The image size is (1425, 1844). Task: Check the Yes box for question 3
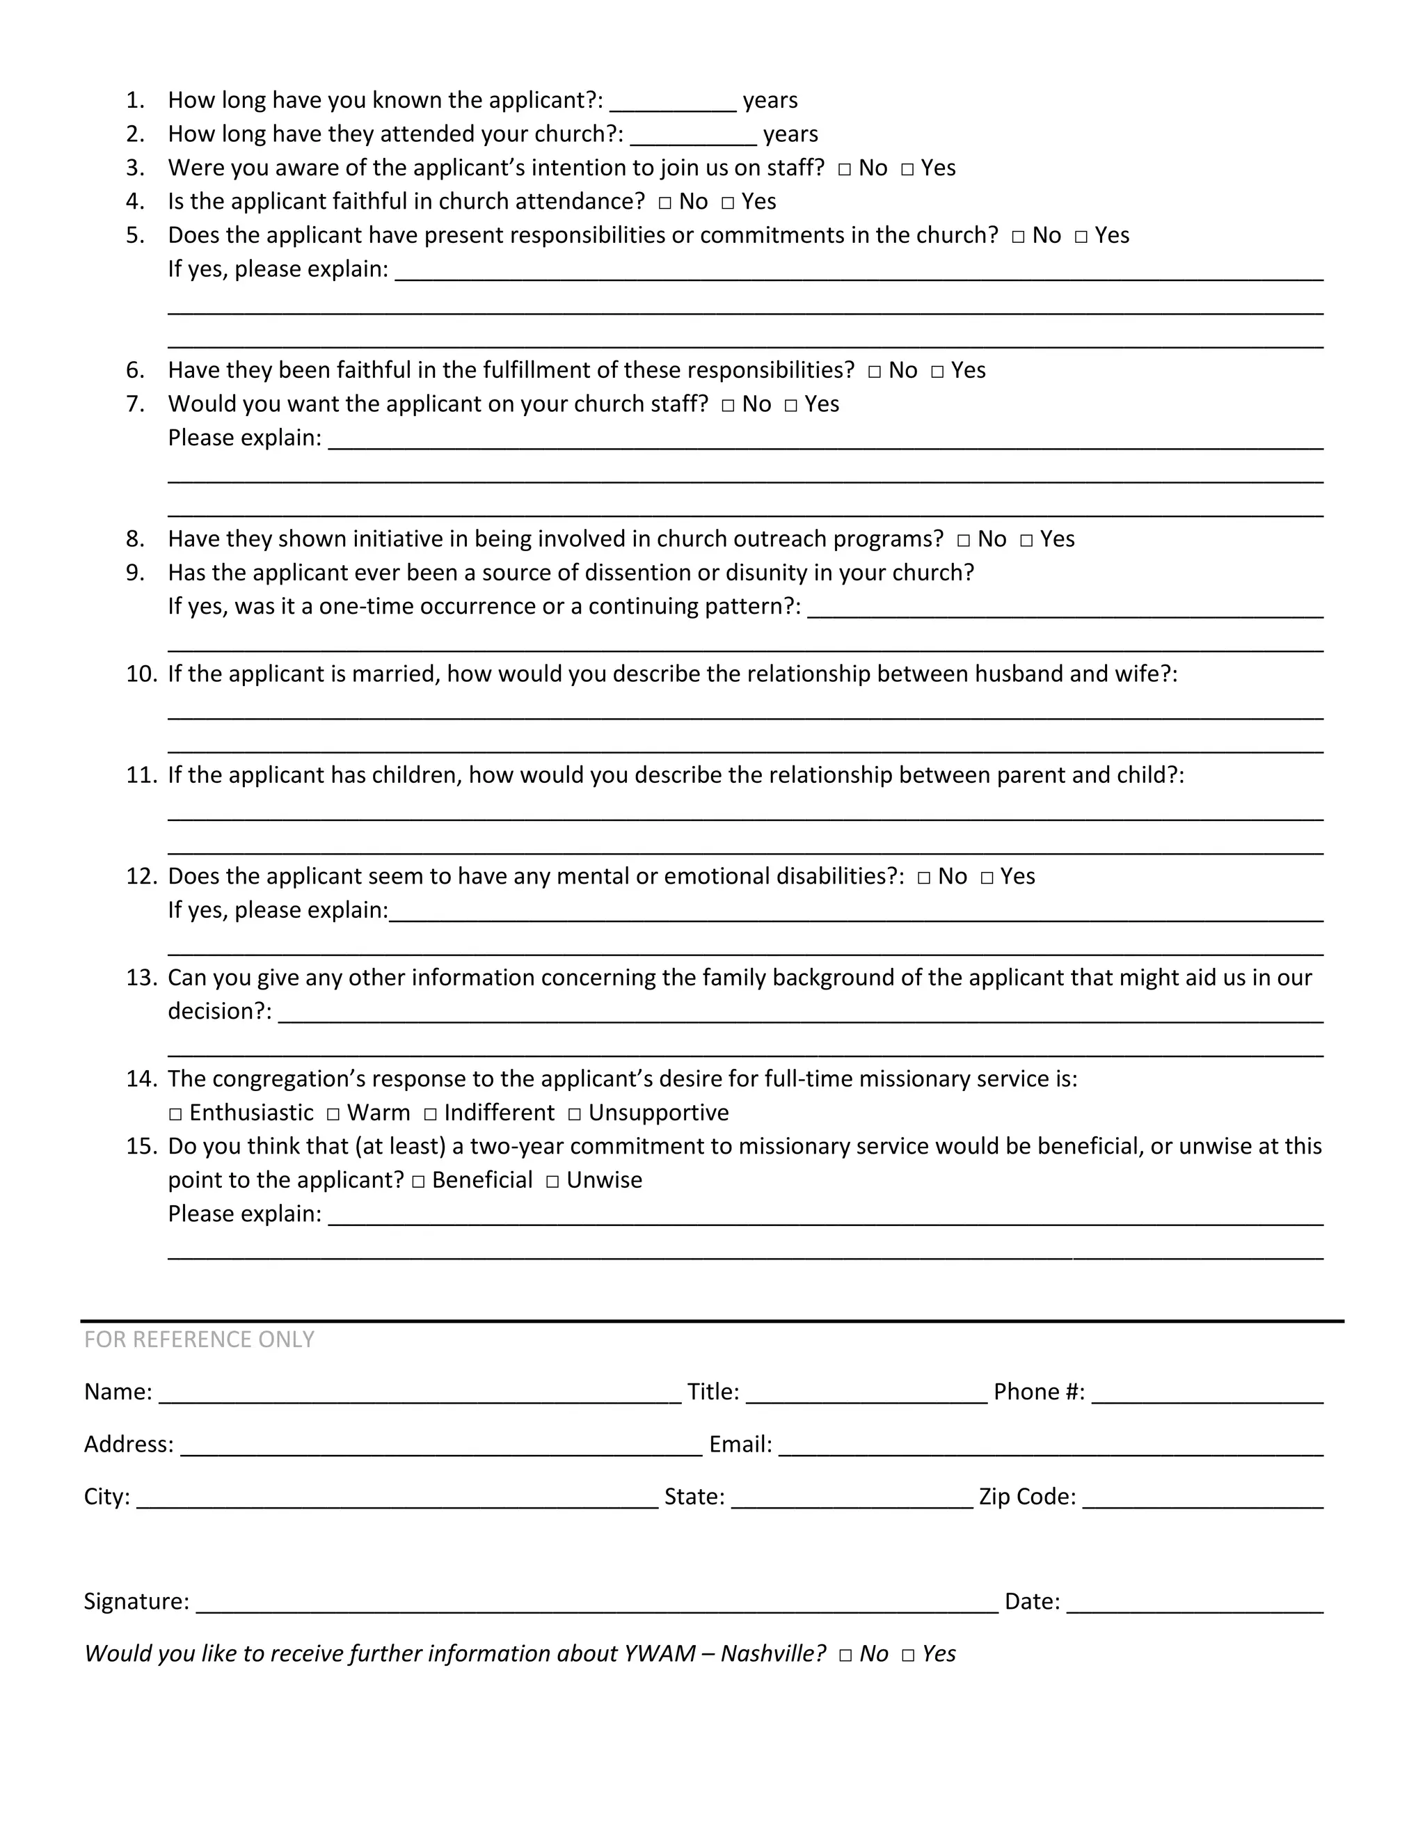point(907,170)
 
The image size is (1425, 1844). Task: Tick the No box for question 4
point(665,203)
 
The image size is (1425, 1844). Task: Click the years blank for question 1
point(673,103)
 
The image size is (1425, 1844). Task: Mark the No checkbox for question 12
point(923,878)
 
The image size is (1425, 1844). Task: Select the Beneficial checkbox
point(419,1182)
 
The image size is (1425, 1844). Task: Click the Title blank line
point(866,1394)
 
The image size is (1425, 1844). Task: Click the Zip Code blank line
point(1202,1500)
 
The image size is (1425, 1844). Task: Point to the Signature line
point(596,1604)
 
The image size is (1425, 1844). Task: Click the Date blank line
point(1195,1604)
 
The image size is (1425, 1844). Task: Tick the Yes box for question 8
point(1026,541)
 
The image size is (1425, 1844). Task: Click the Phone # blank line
point(1207,1394)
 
